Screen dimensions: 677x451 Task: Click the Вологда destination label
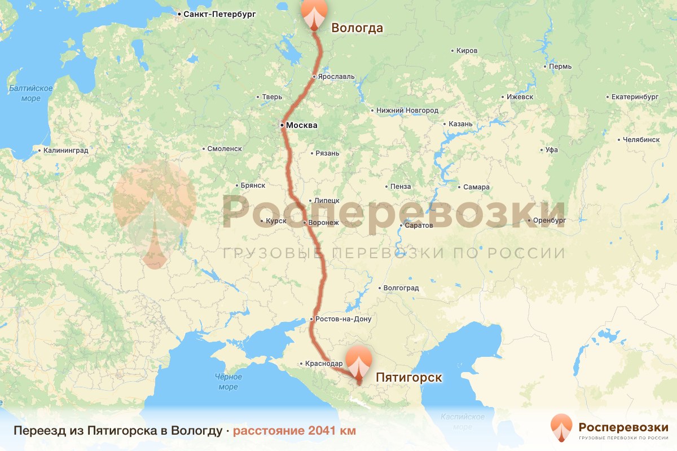point(357,28)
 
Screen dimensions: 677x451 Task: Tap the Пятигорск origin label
point(408,377)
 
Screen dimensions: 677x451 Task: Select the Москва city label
point(302,125)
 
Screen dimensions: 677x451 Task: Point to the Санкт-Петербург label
point(219,14)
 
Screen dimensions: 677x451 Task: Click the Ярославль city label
point(337,77)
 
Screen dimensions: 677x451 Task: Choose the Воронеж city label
point(324,223)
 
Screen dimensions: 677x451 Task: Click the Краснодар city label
point(324,364)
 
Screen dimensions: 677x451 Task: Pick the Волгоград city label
point(401,288)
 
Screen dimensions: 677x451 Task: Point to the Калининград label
point(65,151)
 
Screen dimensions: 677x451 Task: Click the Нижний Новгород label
point(407,110)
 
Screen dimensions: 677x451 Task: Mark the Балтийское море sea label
point(31,94)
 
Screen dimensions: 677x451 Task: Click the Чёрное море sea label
point(228,382)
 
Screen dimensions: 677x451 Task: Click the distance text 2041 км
point(294,431)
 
